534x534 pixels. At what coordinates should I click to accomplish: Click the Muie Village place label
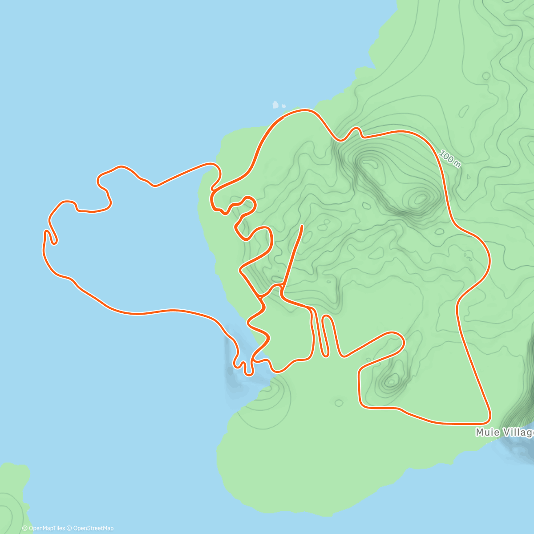click(505, 433)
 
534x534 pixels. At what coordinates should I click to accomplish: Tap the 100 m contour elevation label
click(449, 159)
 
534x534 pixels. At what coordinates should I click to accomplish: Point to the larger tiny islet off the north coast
click(275, 105)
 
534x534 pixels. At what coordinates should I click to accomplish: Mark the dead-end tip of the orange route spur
click(303, 226)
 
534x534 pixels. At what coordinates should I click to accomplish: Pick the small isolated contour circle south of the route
click(339, 403)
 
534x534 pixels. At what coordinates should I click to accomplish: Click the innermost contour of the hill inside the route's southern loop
click(392, 380)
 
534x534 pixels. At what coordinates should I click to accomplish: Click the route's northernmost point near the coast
click(304, 110)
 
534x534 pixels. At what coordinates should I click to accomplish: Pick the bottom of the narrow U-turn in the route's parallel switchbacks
click(324, 356)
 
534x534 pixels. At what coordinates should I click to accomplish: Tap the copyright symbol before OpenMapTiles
click(24, 528)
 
